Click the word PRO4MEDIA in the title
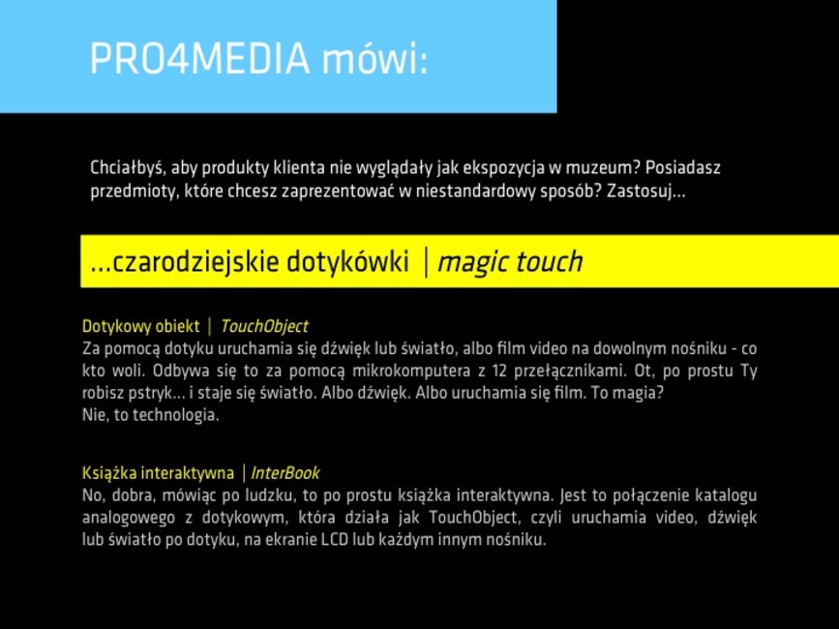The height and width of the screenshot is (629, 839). click(200, 58)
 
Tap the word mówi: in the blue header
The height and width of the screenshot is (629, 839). click(375, 58)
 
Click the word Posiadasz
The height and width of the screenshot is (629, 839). click(683, 168)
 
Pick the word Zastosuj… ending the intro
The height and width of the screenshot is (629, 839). click(645, 192)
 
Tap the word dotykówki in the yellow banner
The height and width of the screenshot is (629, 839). click(347, 262)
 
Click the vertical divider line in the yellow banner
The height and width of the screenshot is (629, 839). click(426, 262)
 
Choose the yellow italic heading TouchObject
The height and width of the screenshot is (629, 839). click(264, 326)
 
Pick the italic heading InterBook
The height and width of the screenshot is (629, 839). click(285, 473)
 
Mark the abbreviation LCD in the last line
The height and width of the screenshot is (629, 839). click(335, 539)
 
